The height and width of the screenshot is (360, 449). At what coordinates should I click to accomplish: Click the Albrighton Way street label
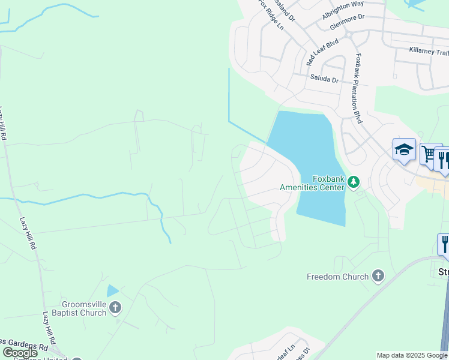(x=343, y=12)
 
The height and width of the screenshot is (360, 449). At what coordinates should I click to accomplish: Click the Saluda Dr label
(x=324, y=79)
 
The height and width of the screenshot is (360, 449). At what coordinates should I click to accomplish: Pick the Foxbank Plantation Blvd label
(x=358, y=89)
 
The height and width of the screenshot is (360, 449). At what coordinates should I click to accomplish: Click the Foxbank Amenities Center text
(x=312, y=182)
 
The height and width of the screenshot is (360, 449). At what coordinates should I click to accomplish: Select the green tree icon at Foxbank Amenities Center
(x=354, y=181)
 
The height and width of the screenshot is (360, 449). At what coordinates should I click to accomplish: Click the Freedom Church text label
(x=337, y=277)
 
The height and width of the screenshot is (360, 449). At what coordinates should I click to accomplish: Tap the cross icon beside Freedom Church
(x=378, y=276)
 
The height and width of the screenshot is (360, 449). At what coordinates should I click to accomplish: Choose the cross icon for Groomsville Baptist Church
(x=115, y=308)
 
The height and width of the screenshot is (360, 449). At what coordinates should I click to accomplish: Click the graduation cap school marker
(x=404, y=150)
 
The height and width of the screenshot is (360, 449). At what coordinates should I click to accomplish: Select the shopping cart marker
(x=429, y=154)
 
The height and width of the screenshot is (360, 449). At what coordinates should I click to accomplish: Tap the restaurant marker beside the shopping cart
(x=443, y=159)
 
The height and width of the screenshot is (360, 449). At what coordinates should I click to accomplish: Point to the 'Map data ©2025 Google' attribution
(x=412, y=355)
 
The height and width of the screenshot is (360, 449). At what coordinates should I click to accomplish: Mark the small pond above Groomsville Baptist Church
(x=112, y=292)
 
